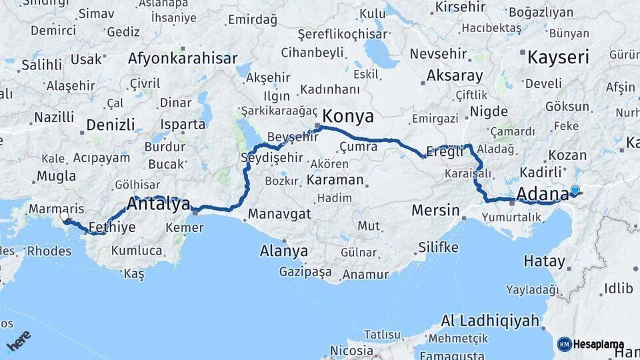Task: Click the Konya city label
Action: (348, 117)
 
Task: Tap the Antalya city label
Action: (158, 205)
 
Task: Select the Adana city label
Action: (542, 194)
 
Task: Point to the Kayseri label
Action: (558, 57)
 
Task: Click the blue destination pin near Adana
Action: (575, 190)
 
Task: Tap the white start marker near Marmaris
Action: (65, 217)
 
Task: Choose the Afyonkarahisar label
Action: (183, 59)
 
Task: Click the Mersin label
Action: (435, 211)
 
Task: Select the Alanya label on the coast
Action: (284, 251)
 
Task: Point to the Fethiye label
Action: (111, 227)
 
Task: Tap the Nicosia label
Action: (351, 351)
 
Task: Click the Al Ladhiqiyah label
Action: (489, 321)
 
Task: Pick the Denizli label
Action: (111, 125)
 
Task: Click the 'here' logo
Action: (18, 341)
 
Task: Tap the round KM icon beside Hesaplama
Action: (564, 344)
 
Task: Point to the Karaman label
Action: (335, 180)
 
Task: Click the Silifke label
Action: (438, 247)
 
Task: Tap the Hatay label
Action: (545, 261)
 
